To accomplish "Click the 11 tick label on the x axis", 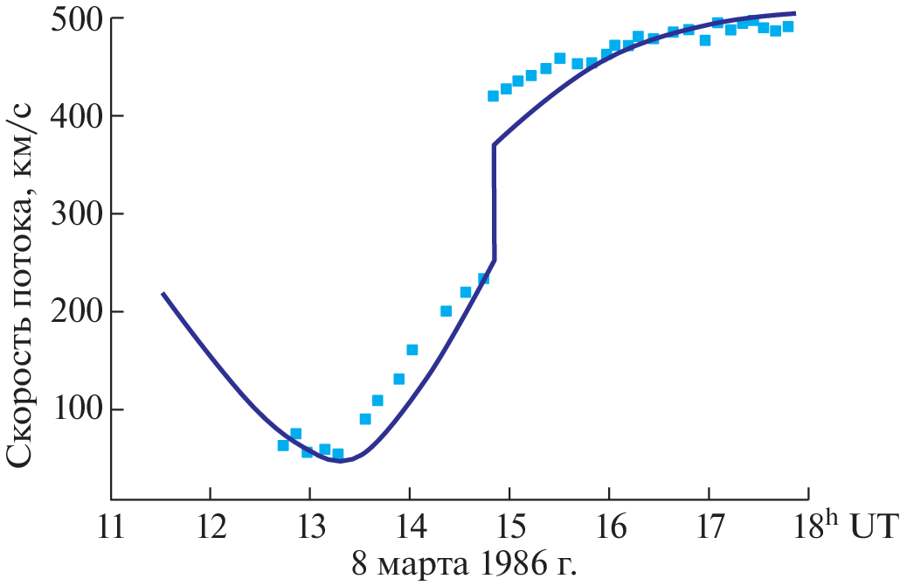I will tap(110, 528).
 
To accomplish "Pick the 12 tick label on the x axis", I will tap(211, 528).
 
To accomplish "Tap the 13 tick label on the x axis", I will tap(310, 528).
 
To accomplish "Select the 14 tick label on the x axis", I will tap(410, 528).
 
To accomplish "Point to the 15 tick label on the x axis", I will tap(509, 528).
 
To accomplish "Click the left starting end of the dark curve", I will tap(163, 294).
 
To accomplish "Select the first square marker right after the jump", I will tap(493, 95).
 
